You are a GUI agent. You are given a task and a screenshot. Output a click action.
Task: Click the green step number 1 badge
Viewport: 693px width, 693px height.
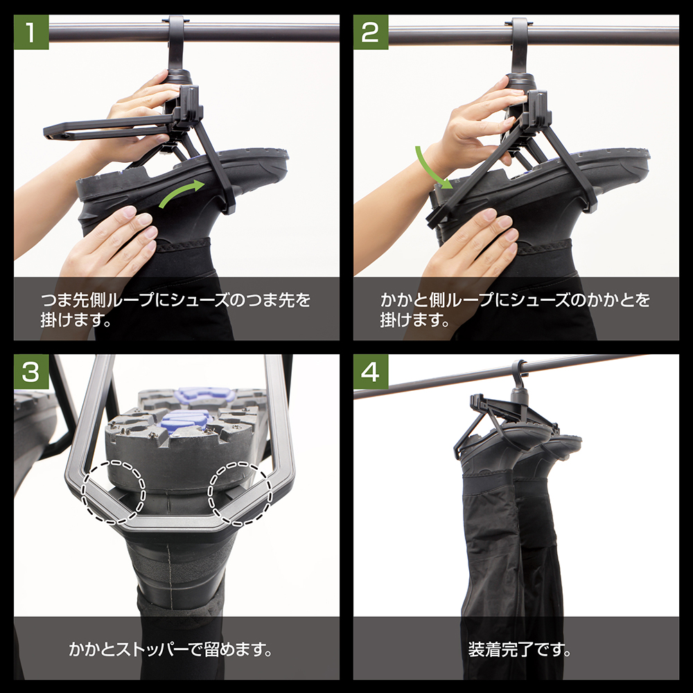point(31,32)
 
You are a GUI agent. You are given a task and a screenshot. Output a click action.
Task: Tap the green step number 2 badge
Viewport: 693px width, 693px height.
point(371,32)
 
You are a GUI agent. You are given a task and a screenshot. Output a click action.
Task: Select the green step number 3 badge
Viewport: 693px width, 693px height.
point(31,371)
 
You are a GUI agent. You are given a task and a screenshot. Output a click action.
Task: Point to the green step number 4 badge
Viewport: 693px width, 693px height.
point(371,371)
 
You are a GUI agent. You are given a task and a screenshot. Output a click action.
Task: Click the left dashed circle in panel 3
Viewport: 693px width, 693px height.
point(113,491)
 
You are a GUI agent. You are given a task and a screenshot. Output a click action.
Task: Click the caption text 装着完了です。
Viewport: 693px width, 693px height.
point(516,651)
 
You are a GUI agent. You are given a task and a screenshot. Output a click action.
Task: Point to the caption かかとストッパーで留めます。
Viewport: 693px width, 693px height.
point(170,651)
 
